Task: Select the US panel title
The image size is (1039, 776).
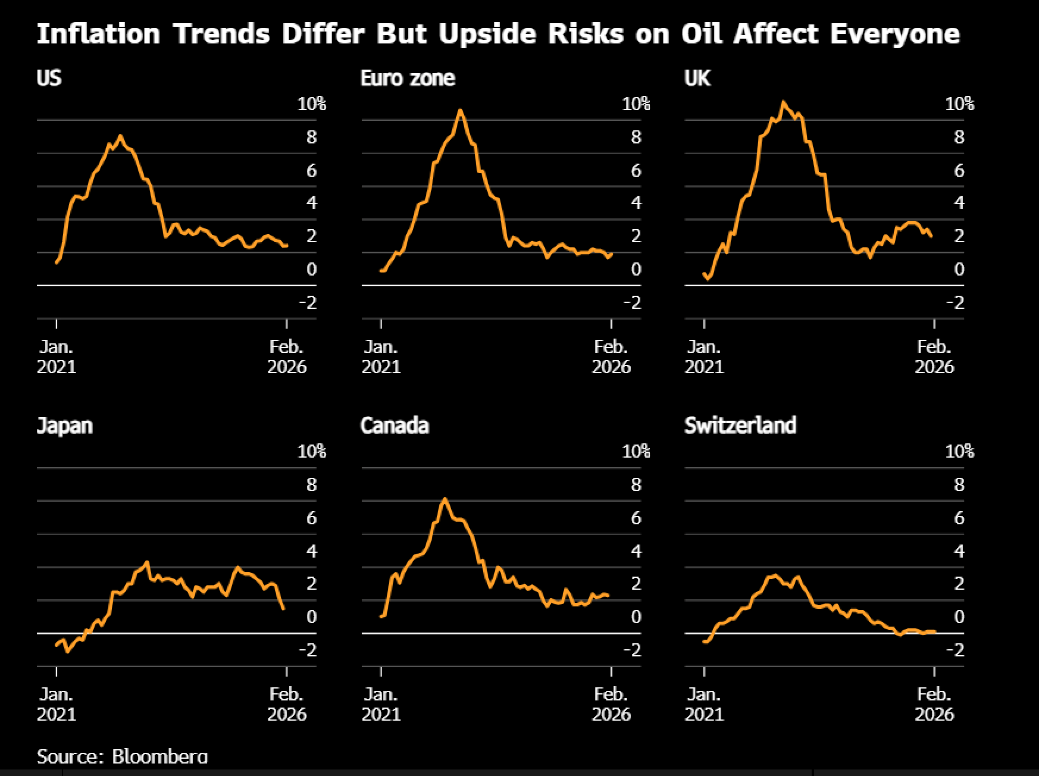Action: coord(49,78)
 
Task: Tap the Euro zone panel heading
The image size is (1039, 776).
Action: coord(408,78)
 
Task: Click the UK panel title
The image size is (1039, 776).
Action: coord(697,78)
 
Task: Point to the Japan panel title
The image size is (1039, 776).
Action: coord(65,425)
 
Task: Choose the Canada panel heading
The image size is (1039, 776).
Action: coord(395,425)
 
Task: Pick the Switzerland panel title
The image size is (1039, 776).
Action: coord(740,425)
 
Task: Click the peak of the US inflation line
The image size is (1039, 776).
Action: coord(120,136)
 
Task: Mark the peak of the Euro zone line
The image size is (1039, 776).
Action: coord(460,110)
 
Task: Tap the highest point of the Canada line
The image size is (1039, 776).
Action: coord(445,499)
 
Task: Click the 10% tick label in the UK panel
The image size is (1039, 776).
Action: coord(959,104)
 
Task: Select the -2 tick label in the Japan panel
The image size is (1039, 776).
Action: coord(308,650)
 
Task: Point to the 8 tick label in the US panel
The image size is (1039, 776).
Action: coord(312,137)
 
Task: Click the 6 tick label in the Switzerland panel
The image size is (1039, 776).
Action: coord(959,518)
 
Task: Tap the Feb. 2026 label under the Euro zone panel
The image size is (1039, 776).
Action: coord(611,356)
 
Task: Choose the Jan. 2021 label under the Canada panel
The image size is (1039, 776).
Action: coord(381,703)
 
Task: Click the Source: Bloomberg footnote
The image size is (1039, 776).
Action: coord(122,756)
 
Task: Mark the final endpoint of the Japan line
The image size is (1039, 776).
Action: coord(283,608)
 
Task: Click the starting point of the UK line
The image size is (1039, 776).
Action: coord(704,274)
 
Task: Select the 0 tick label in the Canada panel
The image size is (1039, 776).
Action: coord(636,617)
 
